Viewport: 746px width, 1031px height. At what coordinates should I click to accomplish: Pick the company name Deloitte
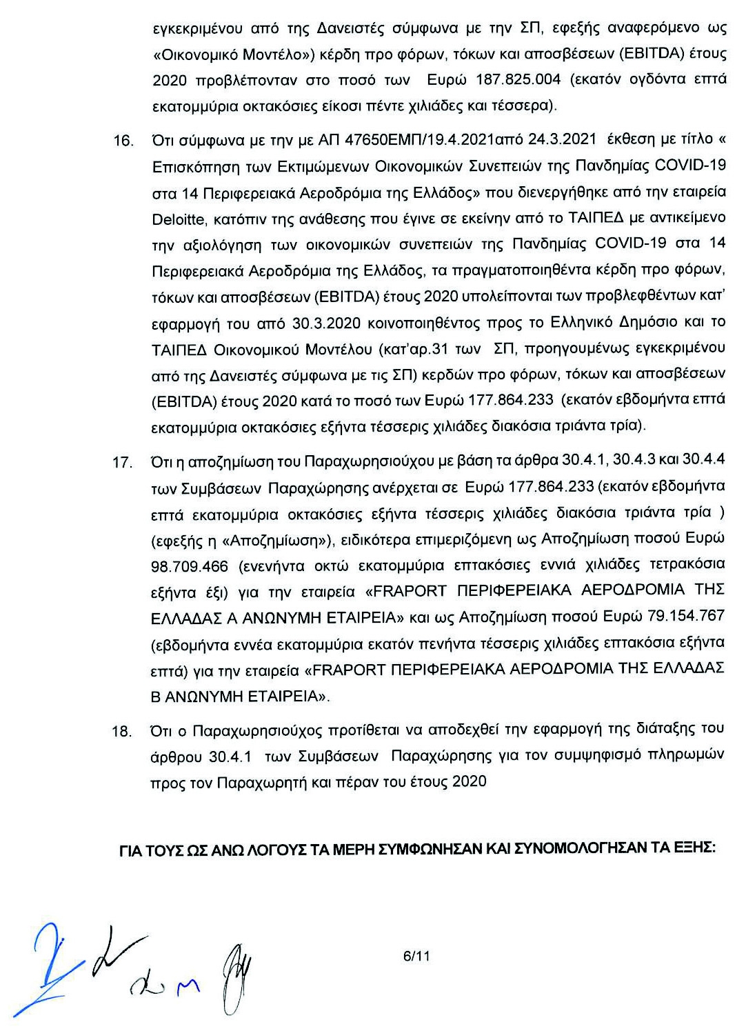[178, 219]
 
